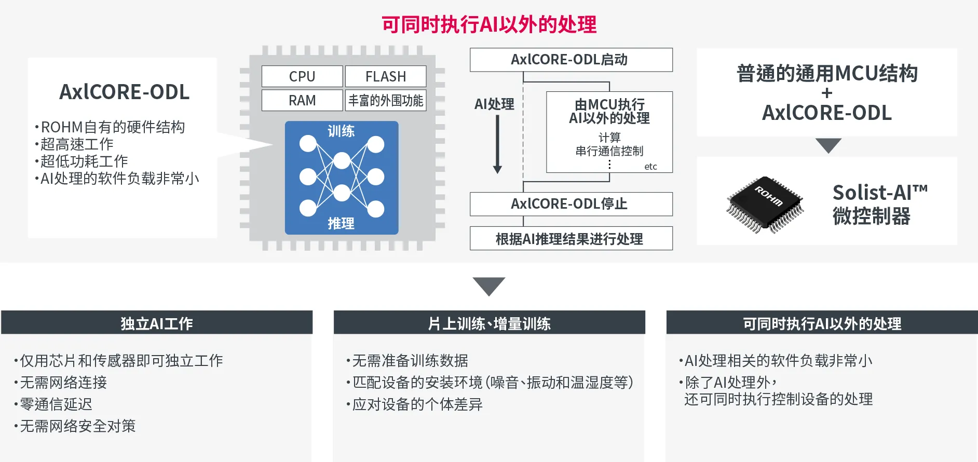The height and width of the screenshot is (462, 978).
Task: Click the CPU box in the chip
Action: pos(302,76)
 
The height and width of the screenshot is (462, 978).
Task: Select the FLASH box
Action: pos(386,76)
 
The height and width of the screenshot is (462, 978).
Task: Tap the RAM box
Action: pos(302,100)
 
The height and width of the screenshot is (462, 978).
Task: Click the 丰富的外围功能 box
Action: pos(386,100)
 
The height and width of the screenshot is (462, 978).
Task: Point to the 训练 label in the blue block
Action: pos(341,131)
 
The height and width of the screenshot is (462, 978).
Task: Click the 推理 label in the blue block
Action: pos(341,223)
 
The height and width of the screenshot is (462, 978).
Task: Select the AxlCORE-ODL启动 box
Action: pos(571,60)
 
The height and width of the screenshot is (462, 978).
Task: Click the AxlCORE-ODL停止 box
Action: pos(571,204)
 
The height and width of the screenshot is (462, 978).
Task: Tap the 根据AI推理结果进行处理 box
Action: pos(571,239)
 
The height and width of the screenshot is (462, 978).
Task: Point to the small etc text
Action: pos(650,167)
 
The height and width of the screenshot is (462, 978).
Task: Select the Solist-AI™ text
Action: pos(880,193)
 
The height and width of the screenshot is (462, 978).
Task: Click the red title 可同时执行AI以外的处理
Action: pos(489,24)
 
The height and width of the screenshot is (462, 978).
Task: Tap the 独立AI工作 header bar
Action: pos(157,323)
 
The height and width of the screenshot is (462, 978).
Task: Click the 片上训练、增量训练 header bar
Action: pos(489,323)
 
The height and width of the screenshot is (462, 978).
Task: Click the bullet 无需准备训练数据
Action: pos(410,360)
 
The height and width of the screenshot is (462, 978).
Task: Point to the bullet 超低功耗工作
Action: pos(84,161)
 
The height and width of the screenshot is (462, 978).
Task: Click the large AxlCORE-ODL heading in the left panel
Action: pos(124,92)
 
